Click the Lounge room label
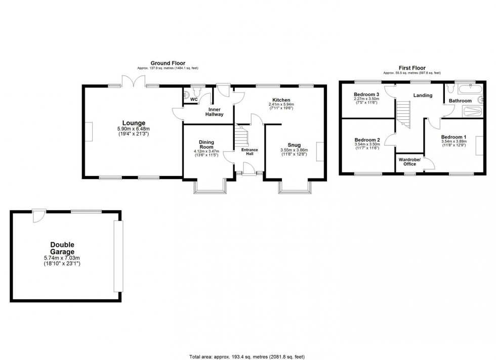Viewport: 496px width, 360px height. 133,123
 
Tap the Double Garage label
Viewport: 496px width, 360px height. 62,248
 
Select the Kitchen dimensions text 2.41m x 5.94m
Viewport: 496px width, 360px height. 281,105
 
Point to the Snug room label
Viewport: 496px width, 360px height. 294,145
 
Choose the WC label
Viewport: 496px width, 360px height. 193,100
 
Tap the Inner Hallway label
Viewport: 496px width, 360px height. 214,111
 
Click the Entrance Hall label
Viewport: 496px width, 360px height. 250,151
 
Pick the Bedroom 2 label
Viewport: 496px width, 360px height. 367,140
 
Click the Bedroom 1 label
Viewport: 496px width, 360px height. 453,138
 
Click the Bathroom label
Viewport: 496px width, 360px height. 461,101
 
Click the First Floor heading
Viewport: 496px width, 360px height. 411,68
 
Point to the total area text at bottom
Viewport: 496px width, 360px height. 247,356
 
